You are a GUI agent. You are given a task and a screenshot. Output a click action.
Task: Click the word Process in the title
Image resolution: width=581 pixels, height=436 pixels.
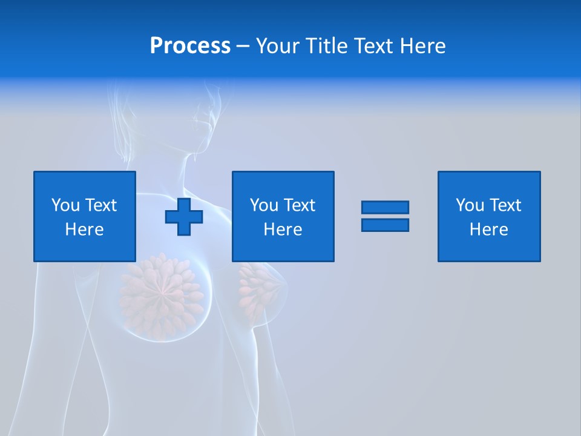click(x=190, y=46)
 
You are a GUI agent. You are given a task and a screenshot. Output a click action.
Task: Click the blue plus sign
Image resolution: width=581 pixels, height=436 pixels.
click(x=184, y=216)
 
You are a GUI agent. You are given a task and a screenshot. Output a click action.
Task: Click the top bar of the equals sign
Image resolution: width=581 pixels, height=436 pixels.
click(x=385, y=207)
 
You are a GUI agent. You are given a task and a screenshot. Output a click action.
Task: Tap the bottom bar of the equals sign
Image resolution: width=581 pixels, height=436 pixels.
click(x=385, y=225)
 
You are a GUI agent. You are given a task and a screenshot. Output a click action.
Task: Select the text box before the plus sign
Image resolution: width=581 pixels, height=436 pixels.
click(x=85, y=216)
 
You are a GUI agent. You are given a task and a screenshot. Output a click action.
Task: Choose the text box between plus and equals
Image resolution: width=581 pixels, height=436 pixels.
click(x=283, y=216)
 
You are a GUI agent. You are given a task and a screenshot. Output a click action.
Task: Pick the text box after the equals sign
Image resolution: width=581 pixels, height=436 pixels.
click(x=488, y=216)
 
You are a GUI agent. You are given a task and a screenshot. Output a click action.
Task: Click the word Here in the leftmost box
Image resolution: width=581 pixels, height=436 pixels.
click(x=85, y=230)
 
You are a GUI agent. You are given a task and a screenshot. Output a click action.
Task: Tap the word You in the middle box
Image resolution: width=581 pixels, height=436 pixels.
click(x=264, y=205)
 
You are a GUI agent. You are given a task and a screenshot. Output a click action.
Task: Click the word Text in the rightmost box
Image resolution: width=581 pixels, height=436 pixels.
click(x=504, y=205)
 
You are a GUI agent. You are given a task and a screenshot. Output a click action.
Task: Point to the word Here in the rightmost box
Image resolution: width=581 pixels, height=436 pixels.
click(x=488, y=230)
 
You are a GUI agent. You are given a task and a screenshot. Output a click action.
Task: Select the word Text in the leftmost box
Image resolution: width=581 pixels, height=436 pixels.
click(x=100, y=205)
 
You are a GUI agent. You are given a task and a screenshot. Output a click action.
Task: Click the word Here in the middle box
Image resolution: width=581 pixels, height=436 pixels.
click(x=283, y=230)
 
